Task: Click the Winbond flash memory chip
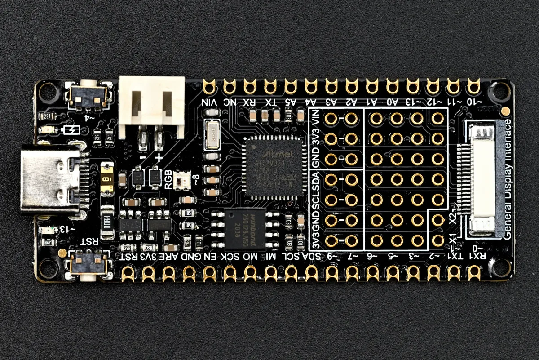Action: click(245, 228)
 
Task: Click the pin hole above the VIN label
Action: click(210, 85)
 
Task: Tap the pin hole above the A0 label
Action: click(393, 85)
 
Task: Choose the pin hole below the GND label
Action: click(189, 272)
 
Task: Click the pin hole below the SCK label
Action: click(230, 272)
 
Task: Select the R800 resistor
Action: click(107, 223)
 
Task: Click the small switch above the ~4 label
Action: click(90, 94)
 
